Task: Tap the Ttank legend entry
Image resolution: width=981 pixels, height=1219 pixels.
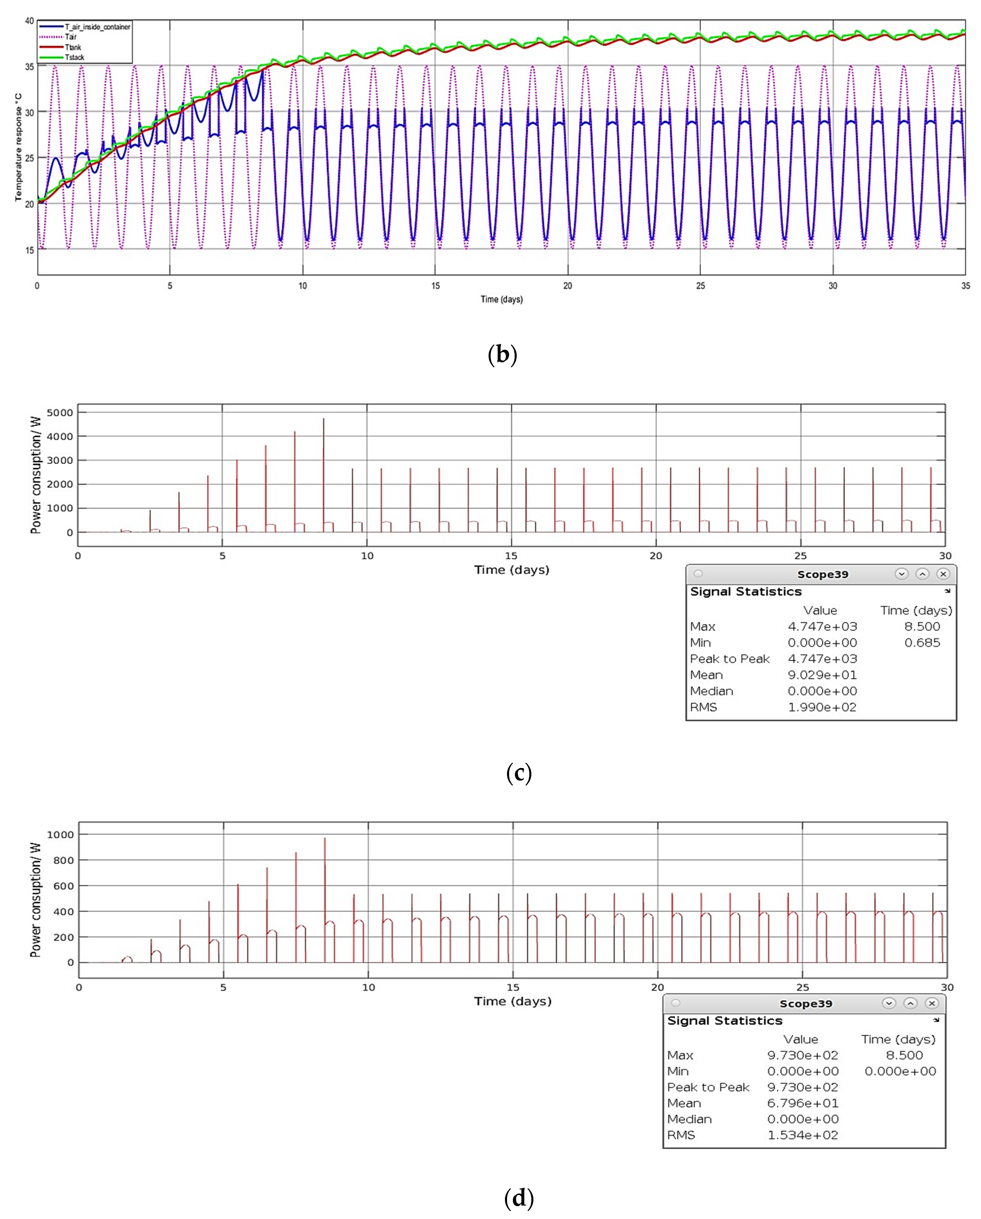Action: coord(73,47)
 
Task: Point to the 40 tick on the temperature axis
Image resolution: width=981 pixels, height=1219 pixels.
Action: coord(29,21)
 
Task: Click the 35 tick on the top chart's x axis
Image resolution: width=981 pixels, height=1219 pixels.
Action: coord(965,286)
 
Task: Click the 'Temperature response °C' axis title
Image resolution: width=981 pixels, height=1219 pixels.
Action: coord(18,147)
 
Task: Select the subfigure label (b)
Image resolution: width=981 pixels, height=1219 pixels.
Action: coord(502,354)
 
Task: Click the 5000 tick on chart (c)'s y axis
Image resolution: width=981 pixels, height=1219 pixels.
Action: coord(59,413)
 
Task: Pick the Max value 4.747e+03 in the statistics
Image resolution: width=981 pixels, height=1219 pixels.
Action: coord(822,626)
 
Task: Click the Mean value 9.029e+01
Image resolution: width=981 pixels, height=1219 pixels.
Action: coord(822,675)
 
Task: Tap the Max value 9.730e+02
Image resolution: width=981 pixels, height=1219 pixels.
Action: coord(802,1055)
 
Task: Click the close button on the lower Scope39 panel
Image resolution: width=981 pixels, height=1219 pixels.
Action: coord(932,1003)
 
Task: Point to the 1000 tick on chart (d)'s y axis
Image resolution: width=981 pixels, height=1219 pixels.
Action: coord(60,834)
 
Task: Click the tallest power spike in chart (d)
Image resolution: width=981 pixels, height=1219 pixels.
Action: coord(325,839)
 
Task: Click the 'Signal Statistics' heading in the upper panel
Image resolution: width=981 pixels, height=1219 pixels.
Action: coord(746,592)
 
